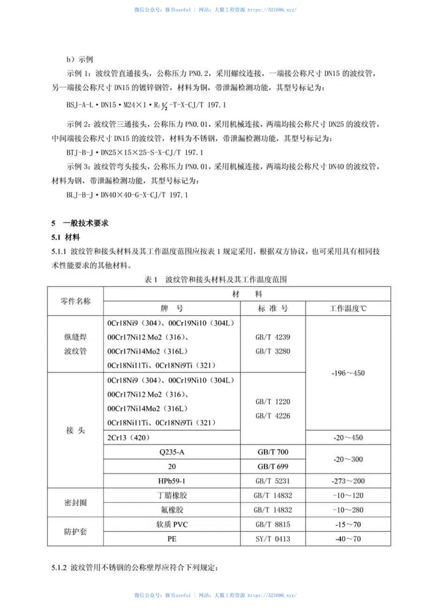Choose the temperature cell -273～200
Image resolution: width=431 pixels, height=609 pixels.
[348, 480]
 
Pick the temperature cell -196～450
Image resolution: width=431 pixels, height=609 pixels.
[348, 373]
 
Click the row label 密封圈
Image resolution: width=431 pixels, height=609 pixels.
[75, 502]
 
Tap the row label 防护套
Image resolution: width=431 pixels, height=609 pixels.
[75, 531]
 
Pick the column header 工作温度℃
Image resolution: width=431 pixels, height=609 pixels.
[348, 309]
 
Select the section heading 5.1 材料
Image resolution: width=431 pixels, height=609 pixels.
[66, 237]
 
